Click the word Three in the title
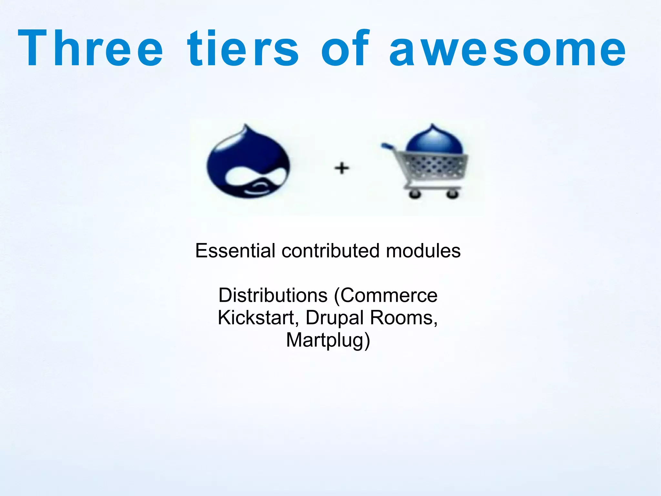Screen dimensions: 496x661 90,48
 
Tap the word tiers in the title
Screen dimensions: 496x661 243,48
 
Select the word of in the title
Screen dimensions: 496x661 345,48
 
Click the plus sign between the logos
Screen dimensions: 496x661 342,168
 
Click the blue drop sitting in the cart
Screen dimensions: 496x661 434,139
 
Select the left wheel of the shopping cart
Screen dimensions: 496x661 414,194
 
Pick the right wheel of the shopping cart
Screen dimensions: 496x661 452,194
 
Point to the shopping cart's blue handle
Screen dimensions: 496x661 387,146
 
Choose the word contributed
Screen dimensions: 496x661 330,251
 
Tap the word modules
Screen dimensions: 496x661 423,251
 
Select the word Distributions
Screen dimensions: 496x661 273,295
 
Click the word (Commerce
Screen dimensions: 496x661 386,295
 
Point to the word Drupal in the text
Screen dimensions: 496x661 335,318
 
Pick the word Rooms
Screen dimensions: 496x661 403,318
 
